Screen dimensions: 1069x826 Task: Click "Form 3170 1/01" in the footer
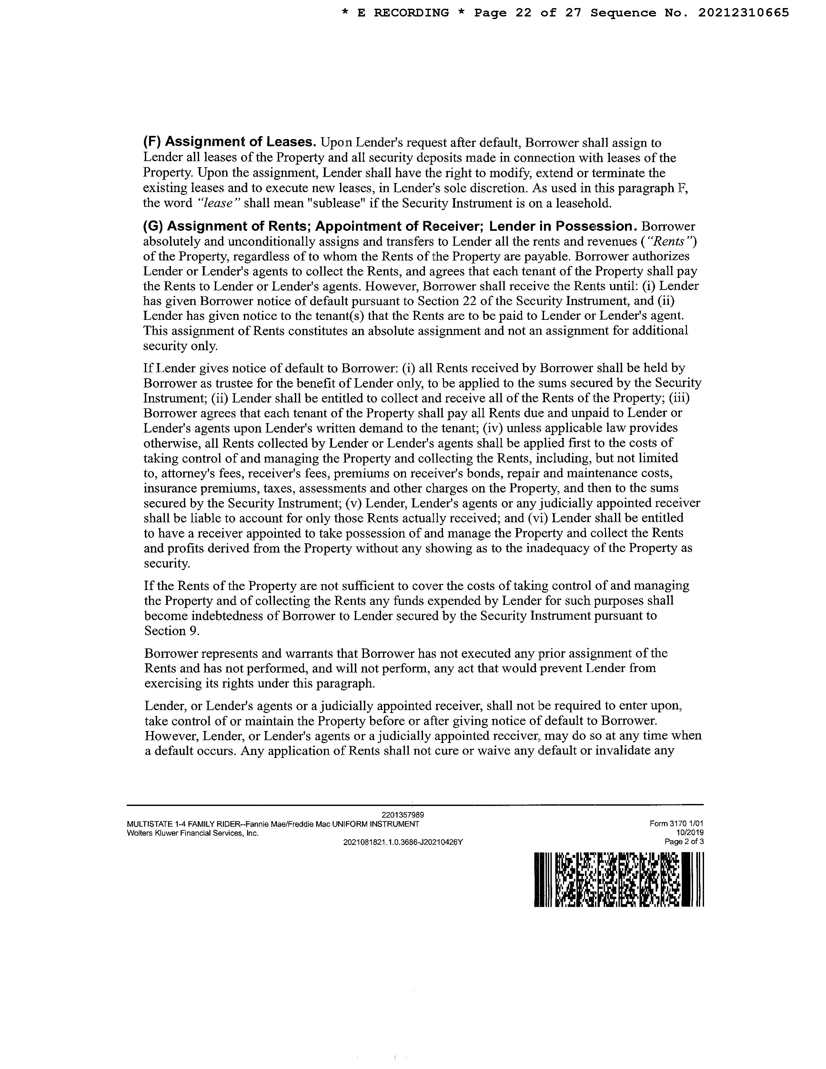click(x=676, y=824)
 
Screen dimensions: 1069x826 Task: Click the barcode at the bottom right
click(x=619, y=879)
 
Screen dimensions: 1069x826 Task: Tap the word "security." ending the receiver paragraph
click(x=167, y=563)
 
